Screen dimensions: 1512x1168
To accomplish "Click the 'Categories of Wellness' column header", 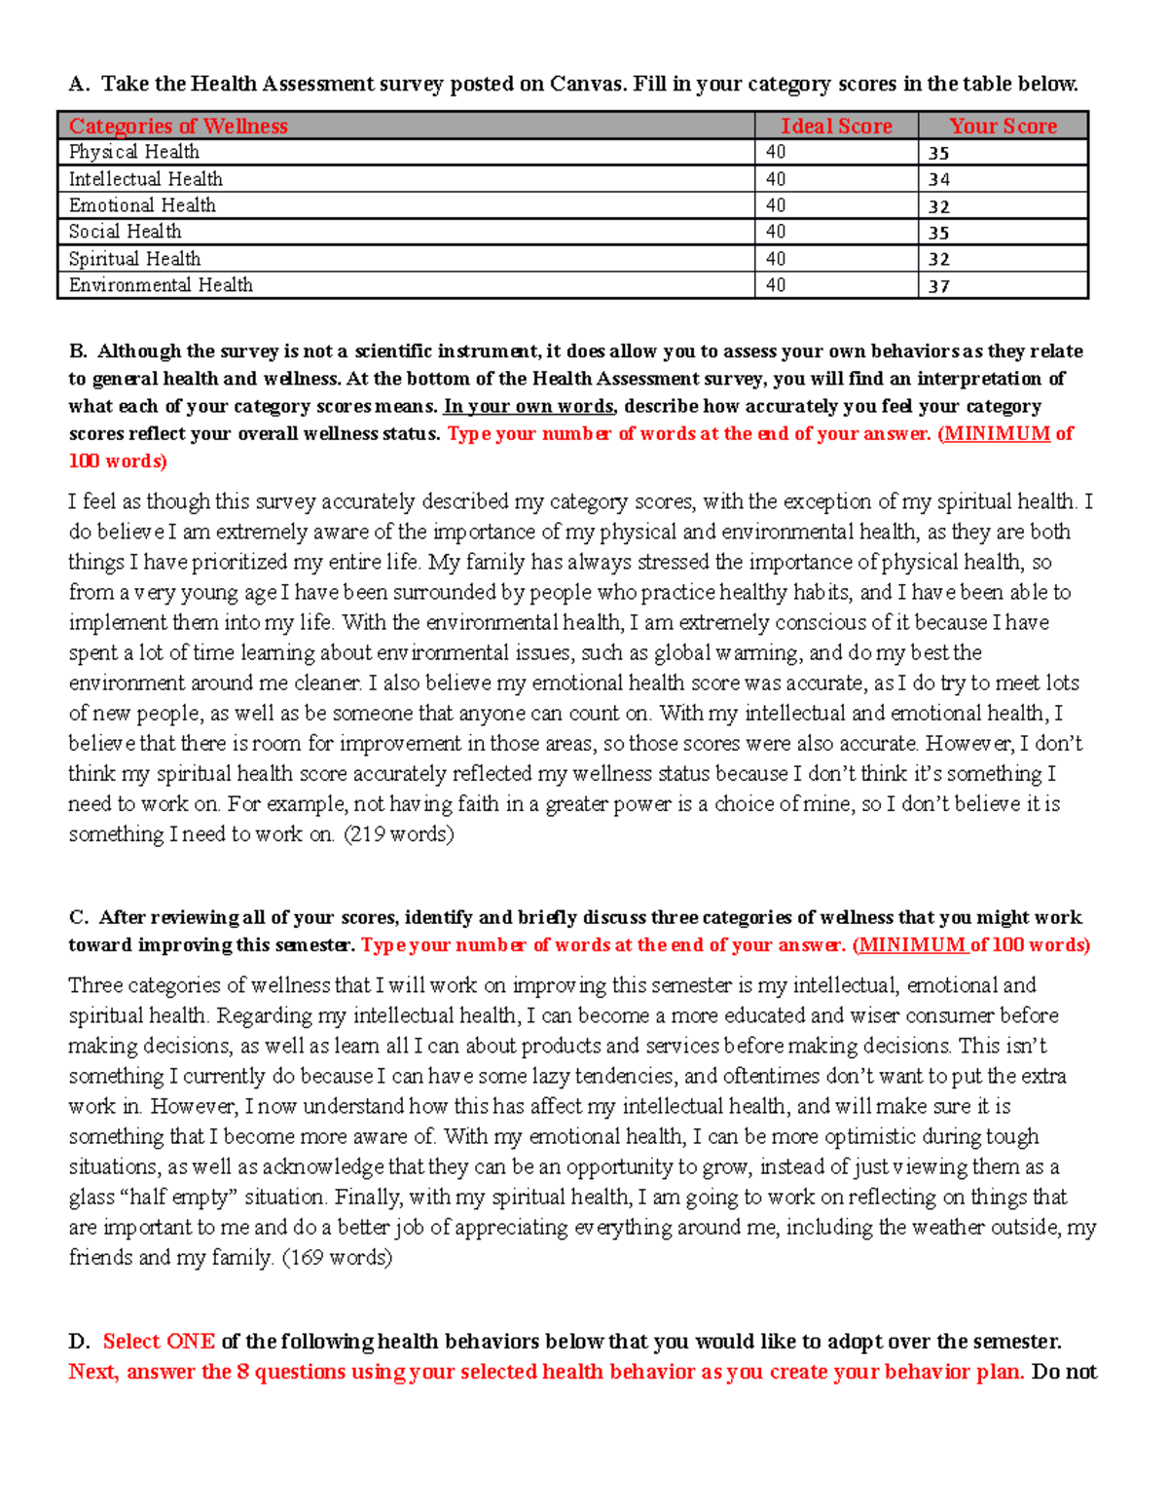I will tap(178, 126).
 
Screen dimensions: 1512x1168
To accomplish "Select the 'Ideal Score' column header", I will tap(836, 126).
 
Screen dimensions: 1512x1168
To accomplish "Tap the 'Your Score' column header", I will tap(1003, 126).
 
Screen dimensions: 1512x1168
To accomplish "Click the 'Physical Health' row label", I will tap(134, 152).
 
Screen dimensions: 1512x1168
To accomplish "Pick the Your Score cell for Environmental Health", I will tap(938, 286).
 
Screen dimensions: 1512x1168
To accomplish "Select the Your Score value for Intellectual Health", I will tap(938, 180).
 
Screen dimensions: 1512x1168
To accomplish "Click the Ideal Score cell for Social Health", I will tap(776, 232).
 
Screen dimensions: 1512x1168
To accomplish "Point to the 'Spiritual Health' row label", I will tap(134, 259).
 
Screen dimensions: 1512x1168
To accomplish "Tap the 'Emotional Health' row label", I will tap(142, 205).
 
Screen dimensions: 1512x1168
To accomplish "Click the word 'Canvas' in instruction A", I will tap(585, 84).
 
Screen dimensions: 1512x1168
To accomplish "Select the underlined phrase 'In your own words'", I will tap(529, 406).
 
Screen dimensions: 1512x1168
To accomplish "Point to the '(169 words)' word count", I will tap(338, 1258).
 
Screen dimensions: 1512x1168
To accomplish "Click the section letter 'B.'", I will tap(79, 351).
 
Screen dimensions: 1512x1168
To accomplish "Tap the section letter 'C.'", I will tap(79, 917).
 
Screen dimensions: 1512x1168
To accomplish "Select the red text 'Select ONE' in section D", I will tap(159, 1342).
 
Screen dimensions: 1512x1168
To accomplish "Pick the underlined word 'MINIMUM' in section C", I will tap(912, 945).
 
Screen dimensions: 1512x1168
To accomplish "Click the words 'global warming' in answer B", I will tap(727, 653).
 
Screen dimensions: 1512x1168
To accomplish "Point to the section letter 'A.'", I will tap(79, 84).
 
